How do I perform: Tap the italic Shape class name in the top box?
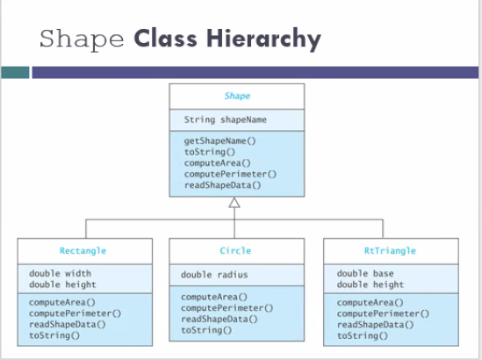pos(237,97)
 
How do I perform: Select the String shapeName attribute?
pos(226,119)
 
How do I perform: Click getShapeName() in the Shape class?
pos(220,140)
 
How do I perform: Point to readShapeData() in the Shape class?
pos(223,185)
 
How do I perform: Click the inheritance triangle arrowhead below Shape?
pos(234,204)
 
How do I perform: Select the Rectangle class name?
pos(83,251)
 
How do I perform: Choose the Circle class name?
pos(235,251)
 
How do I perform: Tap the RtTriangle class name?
pos(390,251)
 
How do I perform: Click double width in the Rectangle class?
pos(61,273)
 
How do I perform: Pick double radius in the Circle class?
pos(216,275)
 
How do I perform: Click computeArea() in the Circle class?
pos(214,297)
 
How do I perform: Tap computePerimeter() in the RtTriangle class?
pos(383,313)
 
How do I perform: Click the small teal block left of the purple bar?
pos(15,72)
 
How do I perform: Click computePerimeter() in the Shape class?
pos(230,174)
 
